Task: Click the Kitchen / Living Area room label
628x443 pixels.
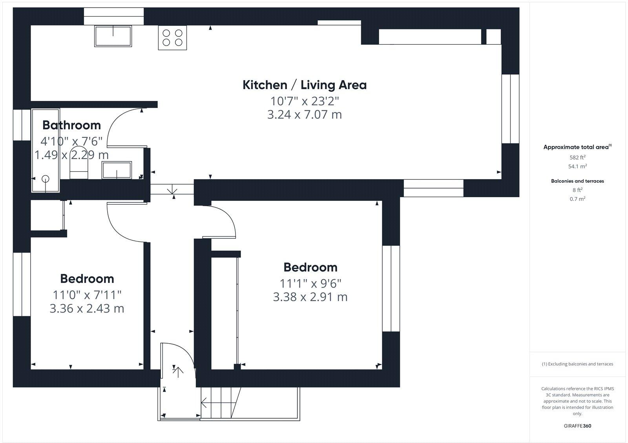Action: point(304,85)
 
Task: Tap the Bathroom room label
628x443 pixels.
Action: point(71,125)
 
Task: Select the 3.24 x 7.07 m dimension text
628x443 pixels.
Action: point(304,115)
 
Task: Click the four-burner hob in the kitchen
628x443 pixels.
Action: point(172,38)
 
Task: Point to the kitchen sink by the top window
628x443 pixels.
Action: point(113,36)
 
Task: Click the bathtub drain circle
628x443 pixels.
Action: point(46,179)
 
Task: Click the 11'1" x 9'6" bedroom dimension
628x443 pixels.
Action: point(310,283)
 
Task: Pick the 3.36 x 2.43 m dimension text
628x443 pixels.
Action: point(87,309)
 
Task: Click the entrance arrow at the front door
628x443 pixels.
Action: point(178,371)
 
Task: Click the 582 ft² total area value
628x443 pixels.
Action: point(577,157)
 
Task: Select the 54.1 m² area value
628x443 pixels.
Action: point(577,167)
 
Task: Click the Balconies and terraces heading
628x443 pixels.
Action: point(577,181)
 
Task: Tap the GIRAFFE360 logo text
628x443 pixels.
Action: point(577,426)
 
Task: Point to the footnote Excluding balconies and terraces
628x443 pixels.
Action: point(577,364)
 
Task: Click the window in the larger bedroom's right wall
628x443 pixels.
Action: point(391,289)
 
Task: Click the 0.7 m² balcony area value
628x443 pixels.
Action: point(577,199)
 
